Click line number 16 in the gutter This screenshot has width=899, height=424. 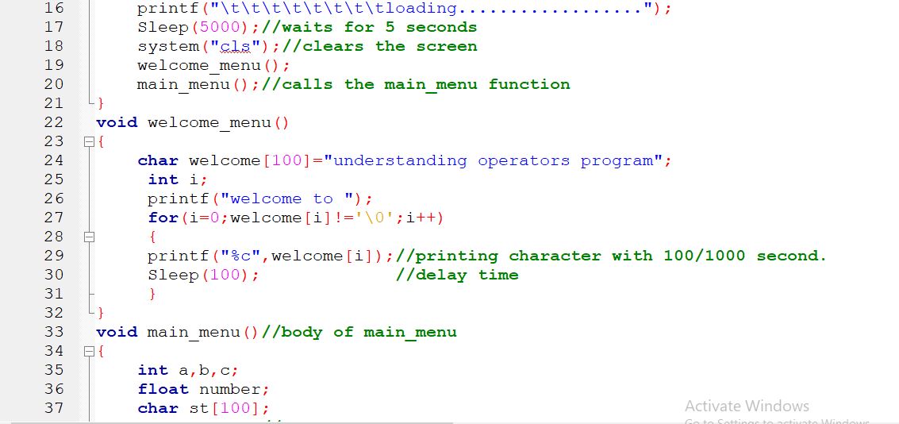[53, 8]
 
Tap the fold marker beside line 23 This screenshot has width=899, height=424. [89, 141]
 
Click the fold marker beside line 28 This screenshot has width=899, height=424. [89, 237]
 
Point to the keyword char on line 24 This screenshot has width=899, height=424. [158, 160]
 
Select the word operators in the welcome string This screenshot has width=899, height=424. [524, 160]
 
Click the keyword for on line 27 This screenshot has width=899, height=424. [163, 218]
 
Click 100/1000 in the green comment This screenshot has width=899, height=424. [705, 256]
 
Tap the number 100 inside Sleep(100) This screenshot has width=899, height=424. [229, 275]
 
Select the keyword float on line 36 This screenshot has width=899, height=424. [163, 389]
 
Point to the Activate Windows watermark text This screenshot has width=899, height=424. [747, 406]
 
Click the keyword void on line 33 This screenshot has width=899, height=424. [117, 332]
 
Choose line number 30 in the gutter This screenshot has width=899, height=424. [53, 275]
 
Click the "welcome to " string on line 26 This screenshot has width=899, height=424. [291, 199]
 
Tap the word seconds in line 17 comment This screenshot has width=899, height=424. [441, 27]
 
